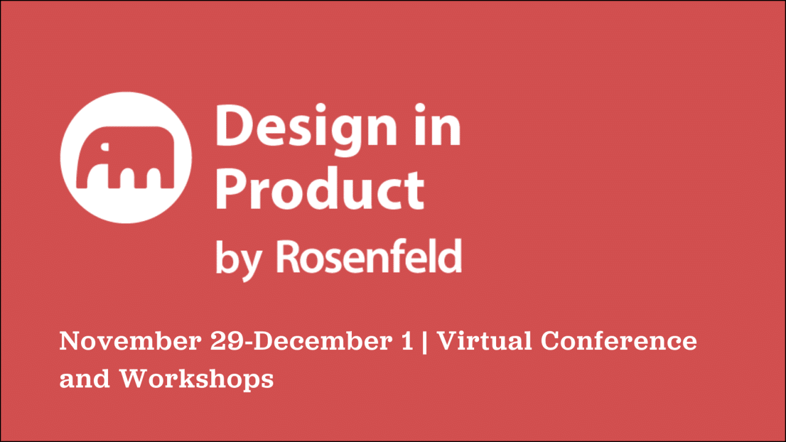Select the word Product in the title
(320, 188)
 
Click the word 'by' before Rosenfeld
(239, 260)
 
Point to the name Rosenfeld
(369, 256)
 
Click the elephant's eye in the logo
(105, 147)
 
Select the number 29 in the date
(227, 340)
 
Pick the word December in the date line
(323, 341)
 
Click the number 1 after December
(407, 340)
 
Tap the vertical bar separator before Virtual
(425, 342)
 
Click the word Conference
(619, 341)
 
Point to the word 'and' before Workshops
(85, 379)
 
